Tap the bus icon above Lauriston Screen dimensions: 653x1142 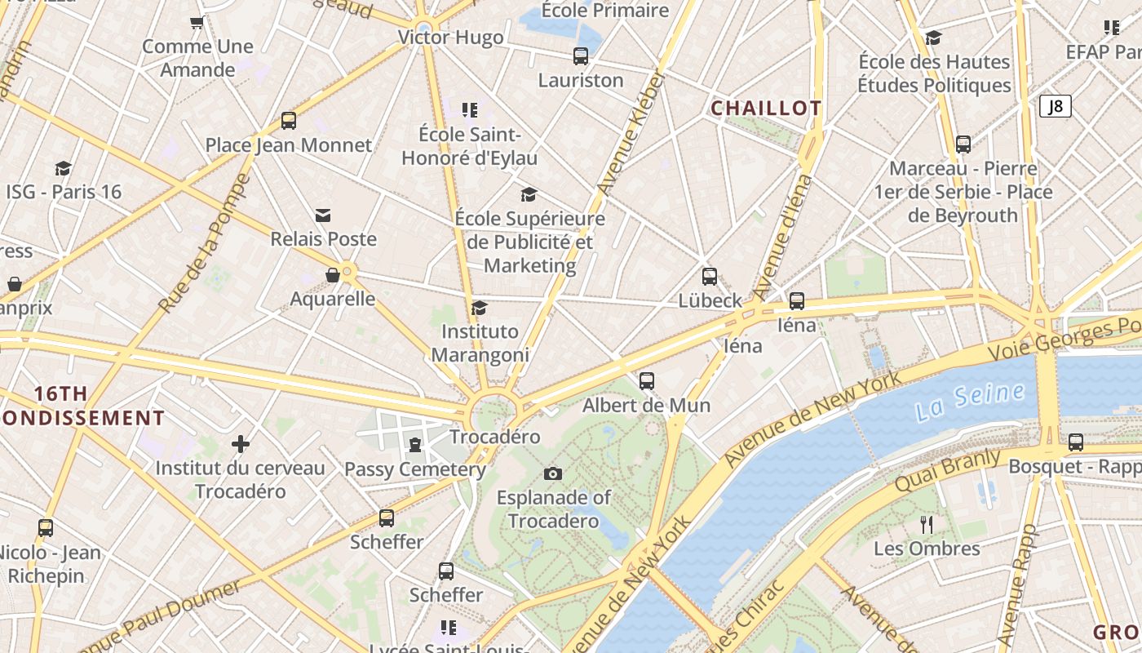pos(580,56)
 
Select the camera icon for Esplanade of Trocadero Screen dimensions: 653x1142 pos(552,473)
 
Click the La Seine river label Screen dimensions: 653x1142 pos(969,402)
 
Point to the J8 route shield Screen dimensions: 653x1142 pos(1055,106)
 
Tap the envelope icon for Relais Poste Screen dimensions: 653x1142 pos(323,215)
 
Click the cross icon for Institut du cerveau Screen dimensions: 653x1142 pos(240,444)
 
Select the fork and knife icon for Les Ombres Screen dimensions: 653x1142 pos(926,524)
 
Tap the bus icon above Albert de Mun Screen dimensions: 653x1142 pos(646,380)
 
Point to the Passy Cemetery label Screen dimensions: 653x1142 pos(415,469)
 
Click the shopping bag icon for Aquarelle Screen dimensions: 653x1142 pos(332,275)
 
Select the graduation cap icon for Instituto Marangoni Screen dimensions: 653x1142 pos(479,308)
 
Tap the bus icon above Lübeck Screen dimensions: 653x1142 pos(709,277)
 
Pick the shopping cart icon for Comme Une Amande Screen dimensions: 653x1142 pos(197,23)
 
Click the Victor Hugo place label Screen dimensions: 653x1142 pos(450,38)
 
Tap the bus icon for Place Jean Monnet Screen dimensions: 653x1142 pos(288,121)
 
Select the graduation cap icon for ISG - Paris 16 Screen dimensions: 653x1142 pos(63,168)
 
